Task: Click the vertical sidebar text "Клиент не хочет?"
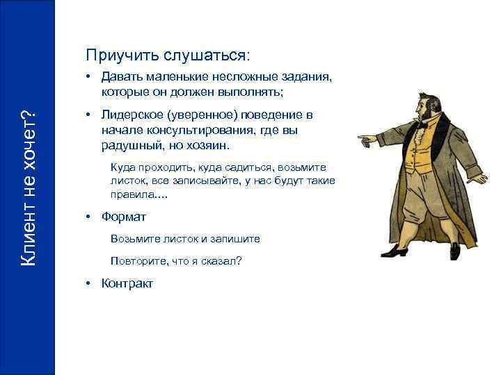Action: click(x=28, y=187)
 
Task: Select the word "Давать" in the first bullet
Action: click(x=122, y=77)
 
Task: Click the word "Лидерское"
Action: click(x=134, y=115)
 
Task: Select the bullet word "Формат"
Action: click(x=124, y=217)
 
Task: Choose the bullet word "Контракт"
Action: click(x=127, y=283)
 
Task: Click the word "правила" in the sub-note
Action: click(x=131, y=194)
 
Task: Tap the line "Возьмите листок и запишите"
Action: click(x=185, y=239)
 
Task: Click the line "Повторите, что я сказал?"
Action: click(x=177, y=261)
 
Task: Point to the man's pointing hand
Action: click(x=365, y=140)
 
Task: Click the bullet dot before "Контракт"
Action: click(x=88, y=283)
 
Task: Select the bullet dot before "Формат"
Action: click(x=88, y=217)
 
